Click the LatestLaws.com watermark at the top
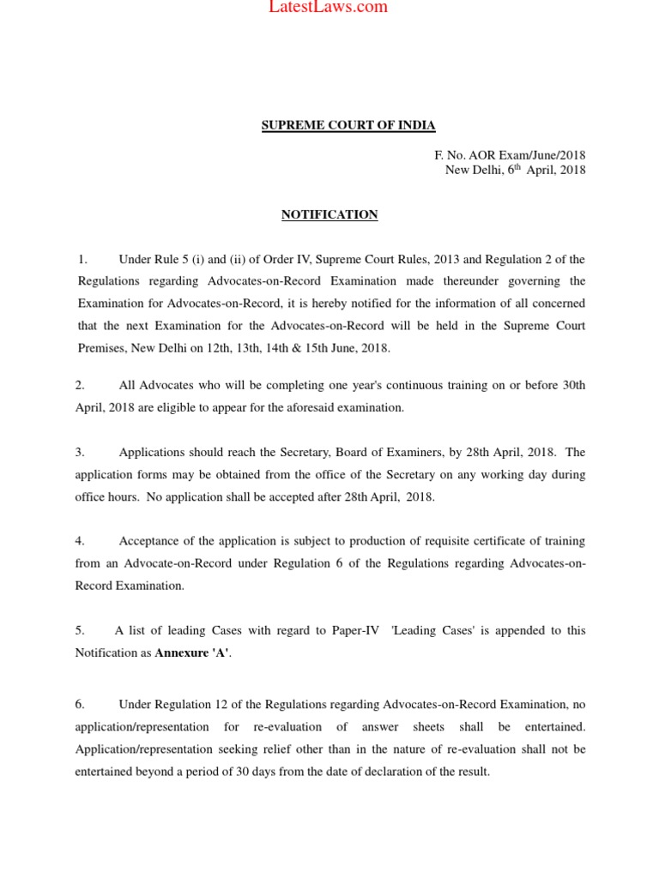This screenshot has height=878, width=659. click(x=329, y=8)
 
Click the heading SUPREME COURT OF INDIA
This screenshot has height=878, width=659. click(x=348, y=126)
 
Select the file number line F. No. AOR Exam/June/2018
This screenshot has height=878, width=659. click(x=510, y=155)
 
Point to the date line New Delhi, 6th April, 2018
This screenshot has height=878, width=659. click(x=515, y=170)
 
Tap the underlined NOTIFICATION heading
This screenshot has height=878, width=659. click(x=329, y=215)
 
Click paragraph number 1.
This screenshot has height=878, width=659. click(x=82, y=259)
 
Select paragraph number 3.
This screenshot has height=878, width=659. click(x=80, y=452)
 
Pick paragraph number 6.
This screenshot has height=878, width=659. click(x=80, y=704)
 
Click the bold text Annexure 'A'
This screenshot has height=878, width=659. click(x=193, y=653)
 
